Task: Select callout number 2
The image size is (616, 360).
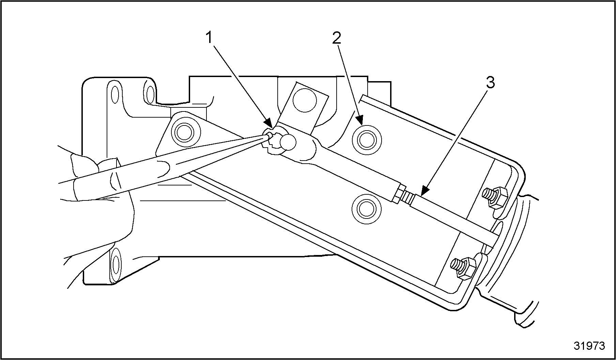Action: coord(337,38)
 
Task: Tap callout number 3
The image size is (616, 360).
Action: coord(490,82)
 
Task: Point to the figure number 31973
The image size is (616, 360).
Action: coord(589,346)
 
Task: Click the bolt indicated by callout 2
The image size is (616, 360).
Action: coord(367,139)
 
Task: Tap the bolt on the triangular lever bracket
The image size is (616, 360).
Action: coord(186,132)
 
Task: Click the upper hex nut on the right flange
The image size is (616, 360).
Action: coord(495,198)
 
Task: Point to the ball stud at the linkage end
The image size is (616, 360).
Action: coord(288,142)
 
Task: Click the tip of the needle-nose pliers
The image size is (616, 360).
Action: coord(269,136)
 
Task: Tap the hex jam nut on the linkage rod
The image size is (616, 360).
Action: coord(398,194)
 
